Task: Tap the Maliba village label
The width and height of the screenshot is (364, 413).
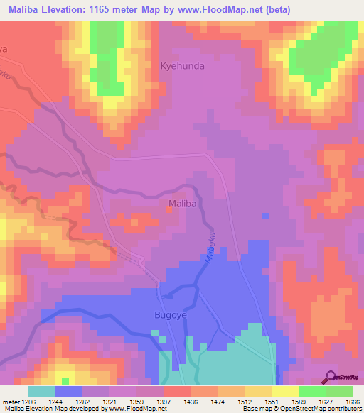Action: pos(181,204)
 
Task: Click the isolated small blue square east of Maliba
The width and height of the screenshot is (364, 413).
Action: pos(265,216)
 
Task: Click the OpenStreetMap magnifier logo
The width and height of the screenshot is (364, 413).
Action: pos(333,376)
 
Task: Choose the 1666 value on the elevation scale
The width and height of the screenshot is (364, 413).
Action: pos(351,402)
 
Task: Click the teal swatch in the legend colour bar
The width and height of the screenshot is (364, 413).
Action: pos(42,391)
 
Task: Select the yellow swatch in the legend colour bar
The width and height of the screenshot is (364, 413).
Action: pos(285,391)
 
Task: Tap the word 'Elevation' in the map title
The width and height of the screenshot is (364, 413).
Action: pos(74,9)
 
